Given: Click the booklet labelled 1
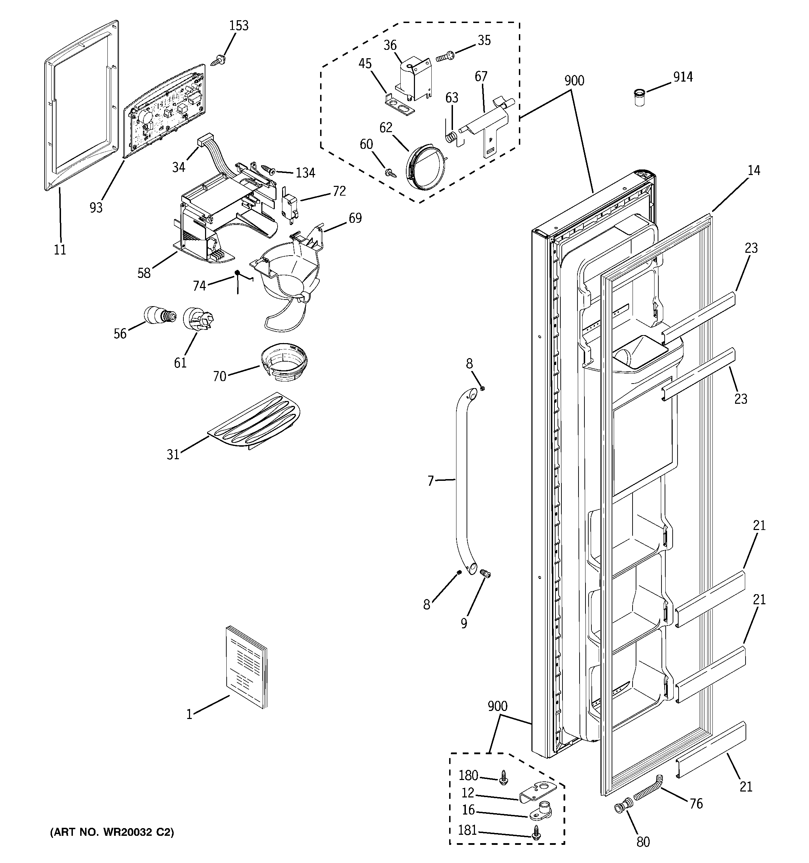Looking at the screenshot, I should [247, 667].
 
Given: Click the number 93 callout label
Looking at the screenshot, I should [96, 207].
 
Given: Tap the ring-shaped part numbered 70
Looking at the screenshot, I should [284, 361].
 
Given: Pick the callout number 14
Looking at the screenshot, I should [754, 171].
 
